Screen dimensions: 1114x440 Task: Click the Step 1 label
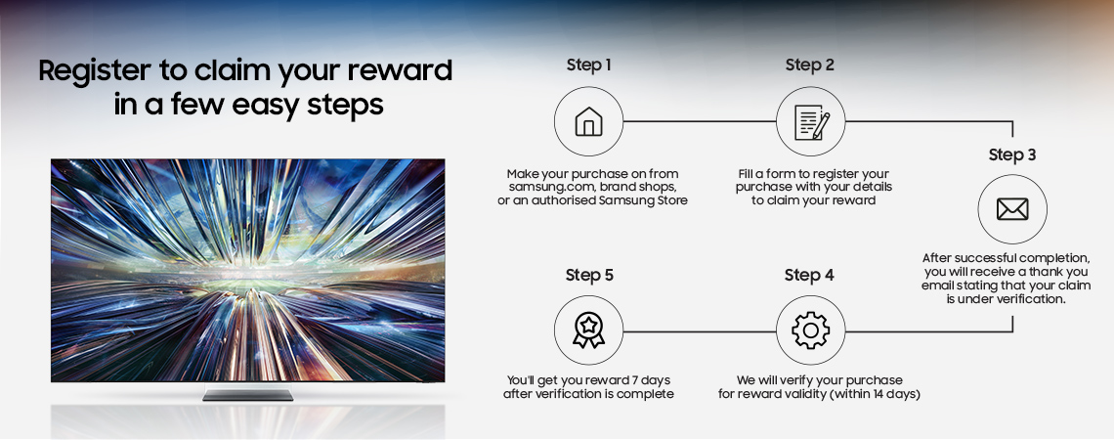(588, 66)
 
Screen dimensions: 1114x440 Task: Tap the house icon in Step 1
(588, 121)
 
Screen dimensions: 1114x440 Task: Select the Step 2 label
(810, 66)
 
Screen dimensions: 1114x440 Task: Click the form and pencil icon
(811, 122)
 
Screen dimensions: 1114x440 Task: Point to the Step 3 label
(1012, 154)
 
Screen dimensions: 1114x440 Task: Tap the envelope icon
(1012, 209)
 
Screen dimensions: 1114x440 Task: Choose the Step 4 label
(809, 275)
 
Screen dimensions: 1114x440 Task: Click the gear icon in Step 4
(811, 331)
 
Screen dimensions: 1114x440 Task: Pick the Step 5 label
(589, 275)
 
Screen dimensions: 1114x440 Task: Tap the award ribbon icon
(588, 331)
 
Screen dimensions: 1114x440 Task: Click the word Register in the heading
(95, 71)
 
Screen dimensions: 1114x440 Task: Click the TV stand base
(248, 394)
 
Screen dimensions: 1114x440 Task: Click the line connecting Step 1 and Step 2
(699, 121)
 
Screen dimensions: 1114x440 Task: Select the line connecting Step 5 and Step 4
(699, 331)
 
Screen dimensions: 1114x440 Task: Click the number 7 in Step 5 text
(636, 380)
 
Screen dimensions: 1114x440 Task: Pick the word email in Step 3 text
(938, 286)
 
